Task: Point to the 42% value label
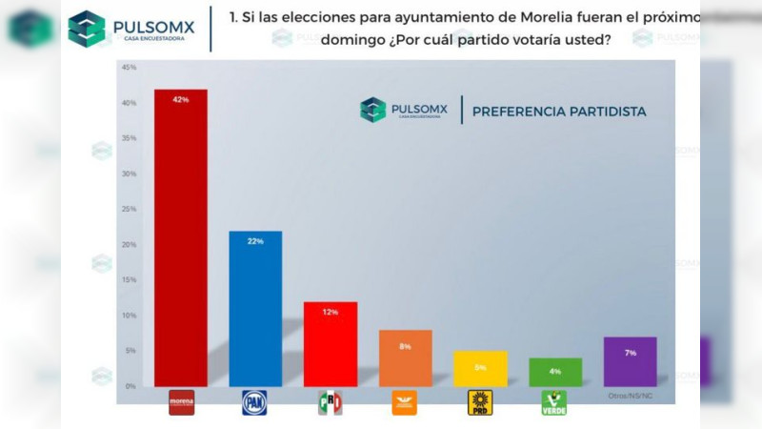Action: (x=180, y=99)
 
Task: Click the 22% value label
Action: (x=254, y=241)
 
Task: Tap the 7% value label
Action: (x=630, y=353)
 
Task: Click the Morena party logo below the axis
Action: (x=180, y=402)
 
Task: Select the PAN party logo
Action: (x=254, y=402)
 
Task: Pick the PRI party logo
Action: (x=330, y=403)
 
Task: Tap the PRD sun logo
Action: (x=480, y=403)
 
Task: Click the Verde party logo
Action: (x=554, y=402)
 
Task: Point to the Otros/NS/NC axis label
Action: (x=630, y=396)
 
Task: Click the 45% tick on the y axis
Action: (x=129, y=68)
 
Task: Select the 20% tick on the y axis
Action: (x=129, y=244)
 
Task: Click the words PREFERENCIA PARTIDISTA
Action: (x=559, y=112)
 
